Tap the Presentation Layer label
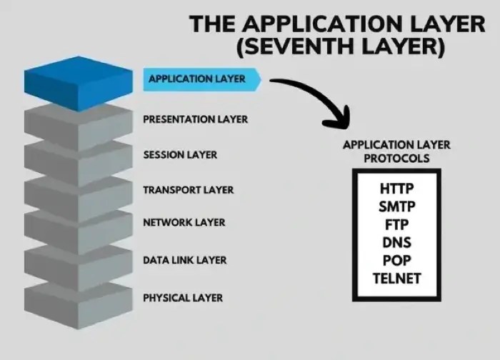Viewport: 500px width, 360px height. [x=195, y=119]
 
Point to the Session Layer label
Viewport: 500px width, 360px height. [x=180, y=155]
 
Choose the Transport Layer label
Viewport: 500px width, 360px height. [x=188, y=191]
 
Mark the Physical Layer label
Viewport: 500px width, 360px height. [x=183, y=298]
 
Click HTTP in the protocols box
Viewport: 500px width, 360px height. [x=396, y=189]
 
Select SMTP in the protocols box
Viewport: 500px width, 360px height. [x=396, y=207]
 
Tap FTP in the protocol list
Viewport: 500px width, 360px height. [x=396, y=225]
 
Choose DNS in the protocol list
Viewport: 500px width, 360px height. [x=396, y=243]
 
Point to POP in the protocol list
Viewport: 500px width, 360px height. [x=396, y=260]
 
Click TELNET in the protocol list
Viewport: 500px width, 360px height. [x=396, y=278]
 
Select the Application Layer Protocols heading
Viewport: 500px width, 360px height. [x=396, y=151]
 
